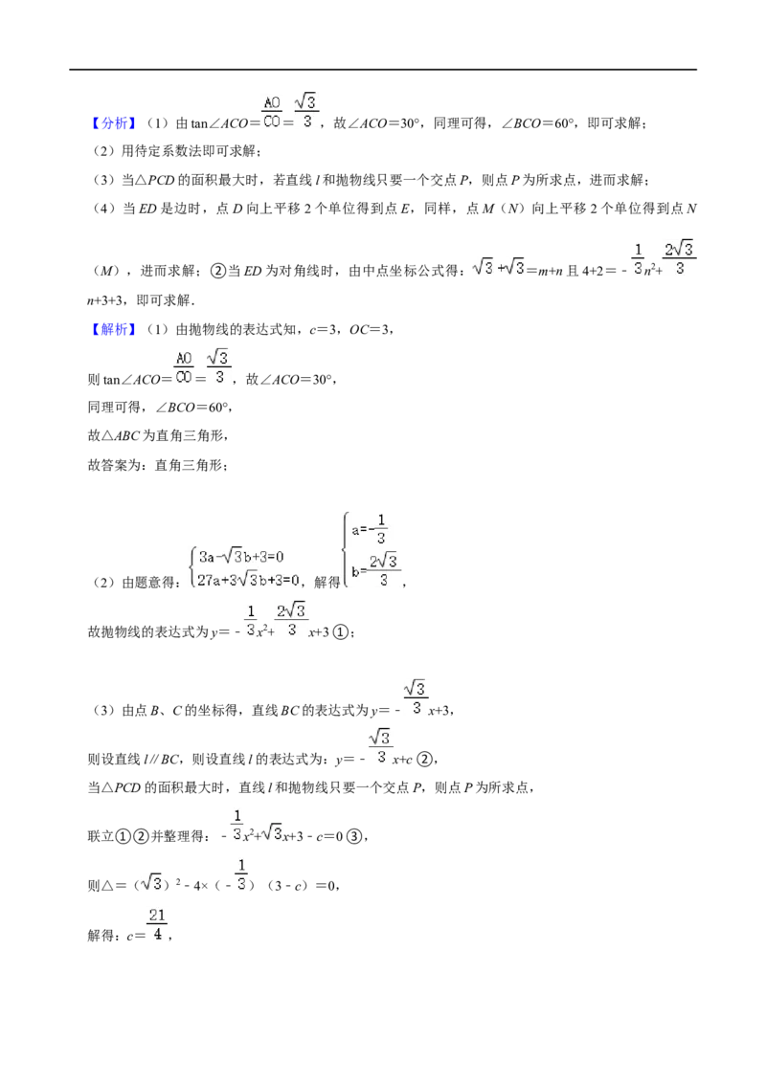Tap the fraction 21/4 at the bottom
coord(157,925)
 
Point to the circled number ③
coord(354,836)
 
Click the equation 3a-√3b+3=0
coord(240,557)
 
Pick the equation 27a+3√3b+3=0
coord(248,580)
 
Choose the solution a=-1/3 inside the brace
coord(370,530)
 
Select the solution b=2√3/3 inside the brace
coord(374,571)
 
